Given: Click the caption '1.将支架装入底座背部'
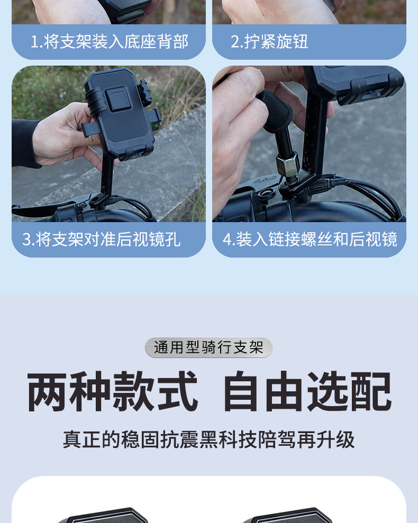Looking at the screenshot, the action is point(110,41).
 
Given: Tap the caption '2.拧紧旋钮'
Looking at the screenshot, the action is point(269,41).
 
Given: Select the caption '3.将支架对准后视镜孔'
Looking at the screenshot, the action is point(102,239).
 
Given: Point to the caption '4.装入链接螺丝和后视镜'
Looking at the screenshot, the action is point(310,239).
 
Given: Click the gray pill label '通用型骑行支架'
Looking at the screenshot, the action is point(208,347).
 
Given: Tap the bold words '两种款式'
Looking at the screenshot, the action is point(113,391).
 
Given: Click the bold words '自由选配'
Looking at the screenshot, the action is point(307,391).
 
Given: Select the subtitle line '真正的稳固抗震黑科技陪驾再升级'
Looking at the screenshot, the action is point(208,439).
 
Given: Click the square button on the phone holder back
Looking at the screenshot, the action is point(116,99).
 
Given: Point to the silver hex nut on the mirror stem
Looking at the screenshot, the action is point(287,164).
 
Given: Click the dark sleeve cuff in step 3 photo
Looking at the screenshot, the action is point(25,143).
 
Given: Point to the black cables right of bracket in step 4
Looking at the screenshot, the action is point(367,194).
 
